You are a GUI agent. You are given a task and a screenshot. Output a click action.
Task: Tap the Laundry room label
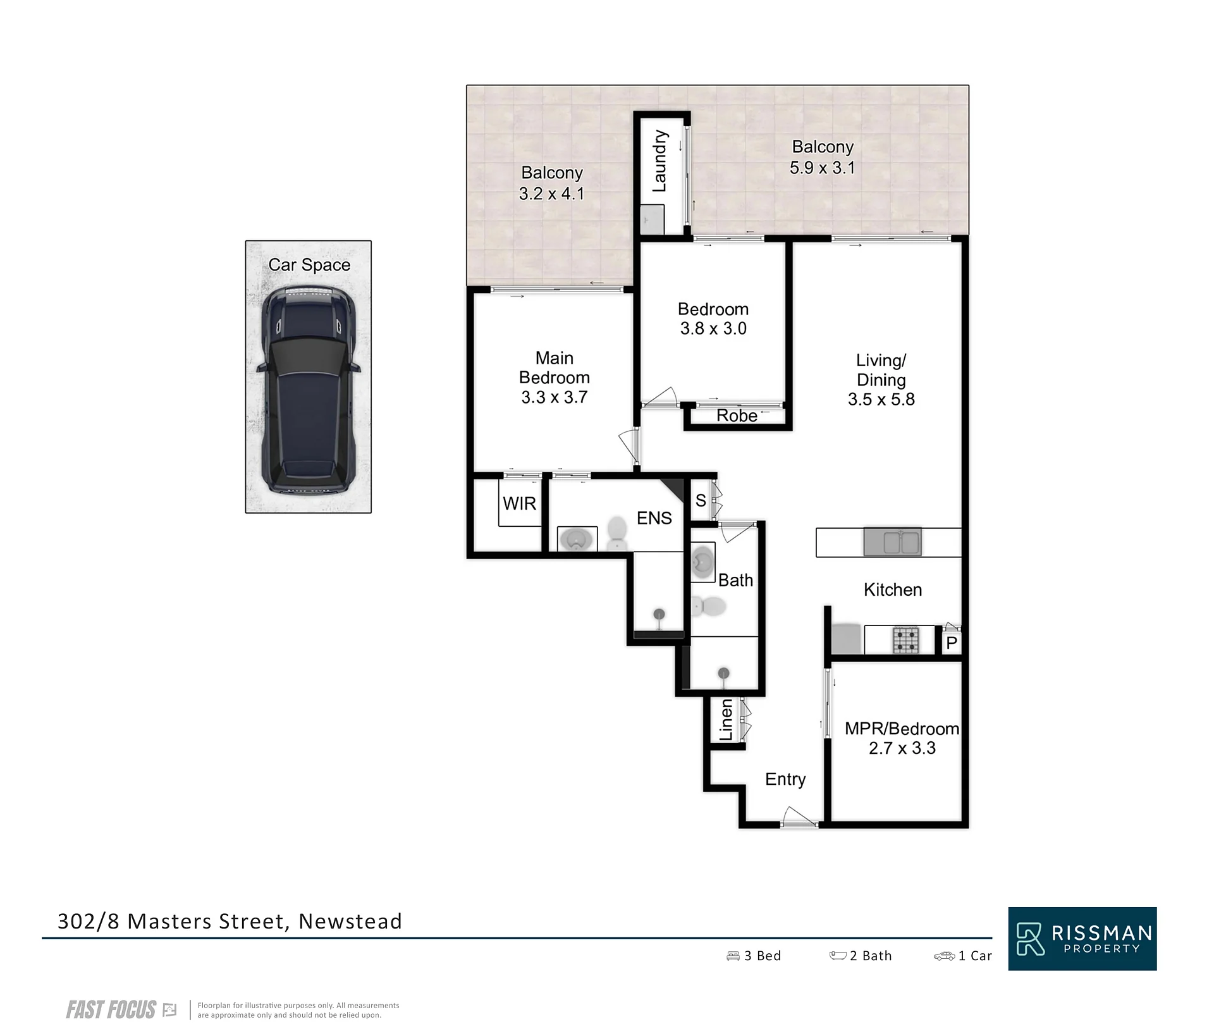(659, 161)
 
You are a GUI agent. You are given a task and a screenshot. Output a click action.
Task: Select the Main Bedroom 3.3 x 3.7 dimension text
(555, 397)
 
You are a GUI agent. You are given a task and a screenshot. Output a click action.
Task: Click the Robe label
(737, 416)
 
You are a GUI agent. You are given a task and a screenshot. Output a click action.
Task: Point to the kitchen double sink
(892, 542)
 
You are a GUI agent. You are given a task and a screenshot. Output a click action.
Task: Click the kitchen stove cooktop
(905, 639)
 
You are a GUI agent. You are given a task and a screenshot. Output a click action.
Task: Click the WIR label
(519, 503)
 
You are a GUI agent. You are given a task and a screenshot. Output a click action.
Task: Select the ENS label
(654, 518)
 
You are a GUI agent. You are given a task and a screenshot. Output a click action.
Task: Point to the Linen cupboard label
(727, 719)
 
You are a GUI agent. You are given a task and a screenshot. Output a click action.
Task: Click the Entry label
(785, 779)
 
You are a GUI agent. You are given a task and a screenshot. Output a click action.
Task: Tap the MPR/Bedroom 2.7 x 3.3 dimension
(902, 748)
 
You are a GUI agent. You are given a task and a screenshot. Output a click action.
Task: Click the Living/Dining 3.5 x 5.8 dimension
(881, 399)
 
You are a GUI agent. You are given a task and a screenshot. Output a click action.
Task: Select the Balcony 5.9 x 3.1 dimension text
(823, 168)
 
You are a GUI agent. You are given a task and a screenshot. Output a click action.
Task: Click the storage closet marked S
(701, 500)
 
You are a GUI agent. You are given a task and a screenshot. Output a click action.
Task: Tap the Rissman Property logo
(1082, 939)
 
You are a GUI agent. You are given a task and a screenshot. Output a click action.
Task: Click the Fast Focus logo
(121, 1010)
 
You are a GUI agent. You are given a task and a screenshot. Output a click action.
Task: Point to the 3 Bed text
(754, 956)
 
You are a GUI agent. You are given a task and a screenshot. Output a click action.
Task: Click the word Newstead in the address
(350, 922)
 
